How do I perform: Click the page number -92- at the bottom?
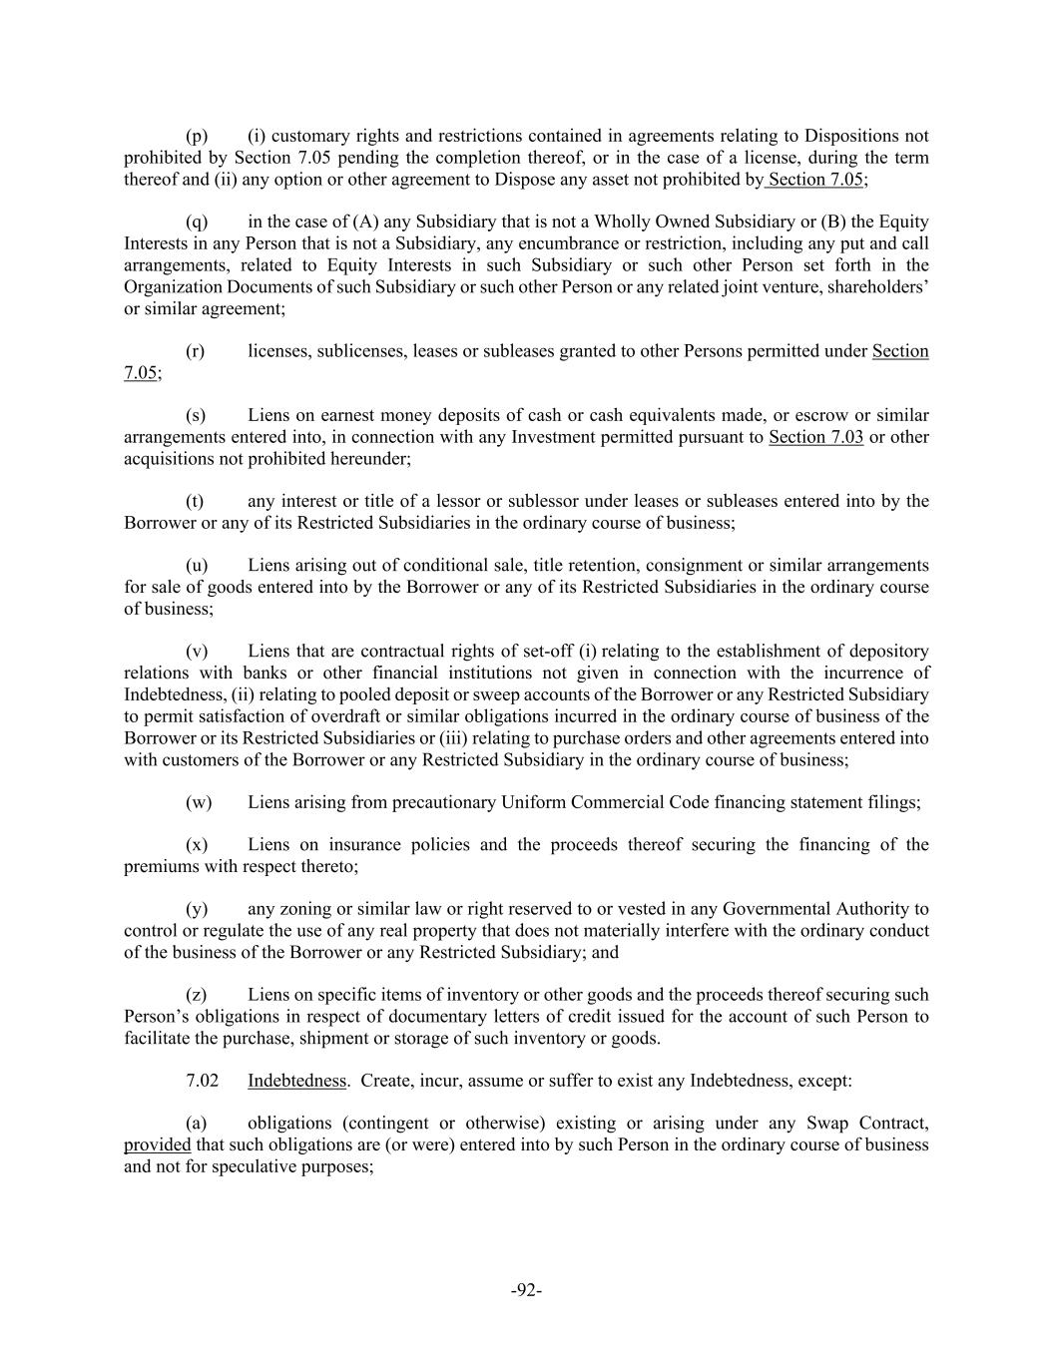pyautogui.click(x=526, y=1290)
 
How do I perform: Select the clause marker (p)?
pyautogui.click(x=197, y=136)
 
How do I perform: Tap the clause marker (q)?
pyautogui.click(x=197, y=222)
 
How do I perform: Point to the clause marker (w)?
pyautogui.click(x=199, y=802)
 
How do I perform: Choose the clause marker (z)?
pyautogui.click(x=197, y=995)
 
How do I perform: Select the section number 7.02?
pyautogui.click(x=203, y=1081)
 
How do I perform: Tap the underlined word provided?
pyautogui.click(x=157, y=1144)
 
